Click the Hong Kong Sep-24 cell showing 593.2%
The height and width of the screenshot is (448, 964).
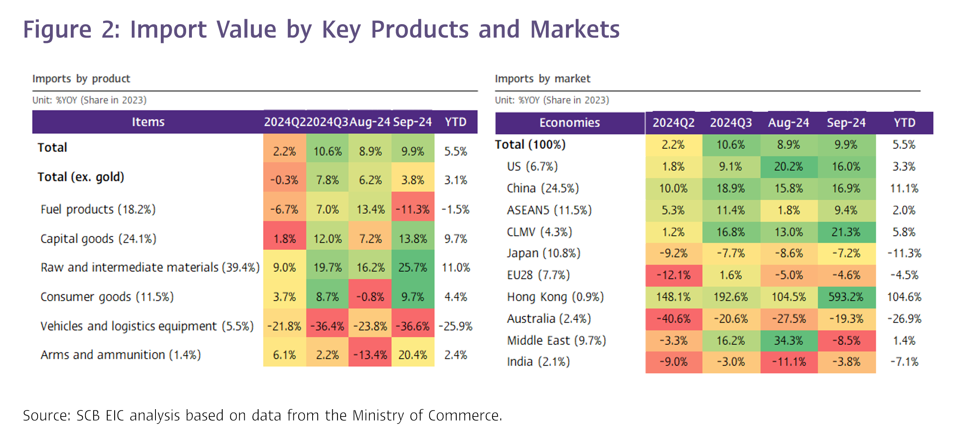846,297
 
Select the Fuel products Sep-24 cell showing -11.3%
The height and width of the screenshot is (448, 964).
412,210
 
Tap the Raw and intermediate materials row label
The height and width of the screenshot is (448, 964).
150,267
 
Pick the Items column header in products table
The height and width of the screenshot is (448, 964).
148,122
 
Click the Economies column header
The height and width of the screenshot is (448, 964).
569,123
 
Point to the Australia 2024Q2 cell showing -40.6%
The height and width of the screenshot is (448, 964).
673,318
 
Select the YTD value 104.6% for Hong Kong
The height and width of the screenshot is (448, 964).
904,297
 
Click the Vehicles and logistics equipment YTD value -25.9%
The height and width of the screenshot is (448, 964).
455,326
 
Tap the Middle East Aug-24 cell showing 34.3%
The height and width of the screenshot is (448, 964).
788,340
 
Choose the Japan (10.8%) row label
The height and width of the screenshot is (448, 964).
543,253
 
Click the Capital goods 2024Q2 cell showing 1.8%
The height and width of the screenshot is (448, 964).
284,239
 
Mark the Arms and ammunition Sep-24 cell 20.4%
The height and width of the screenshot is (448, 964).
412,355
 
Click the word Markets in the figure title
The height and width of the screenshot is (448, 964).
574,29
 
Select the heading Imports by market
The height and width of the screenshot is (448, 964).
542,78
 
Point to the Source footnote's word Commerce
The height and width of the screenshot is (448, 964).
465,415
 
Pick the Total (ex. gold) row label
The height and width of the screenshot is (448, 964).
81,177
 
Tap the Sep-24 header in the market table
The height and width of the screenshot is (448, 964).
846,123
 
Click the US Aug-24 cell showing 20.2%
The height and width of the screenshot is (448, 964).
788,166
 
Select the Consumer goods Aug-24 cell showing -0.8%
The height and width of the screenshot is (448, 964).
370,297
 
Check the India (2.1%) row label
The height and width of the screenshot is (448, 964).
538,362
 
